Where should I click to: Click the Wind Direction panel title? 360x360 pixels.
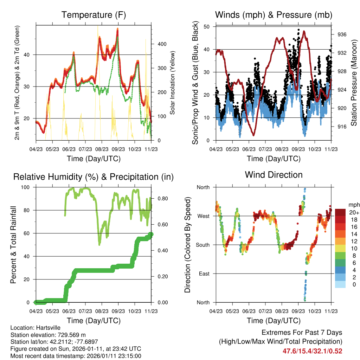tap(274, 174)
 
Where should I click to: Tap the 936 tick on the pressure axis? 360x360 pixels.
tap(342, 34)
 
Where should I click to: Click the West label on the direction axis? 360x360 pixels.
tap(203, 216)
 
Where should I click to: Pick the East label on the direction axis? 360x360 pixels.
tap(204, 274)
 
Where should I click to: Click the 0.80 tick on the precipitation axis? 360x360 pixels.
tap(160, 199)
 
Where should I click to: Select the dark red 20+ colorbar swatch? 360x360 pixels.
tap(341, 212)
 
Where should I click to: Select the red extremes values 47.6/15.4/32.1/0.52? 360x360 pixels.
tap(312, 351)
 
